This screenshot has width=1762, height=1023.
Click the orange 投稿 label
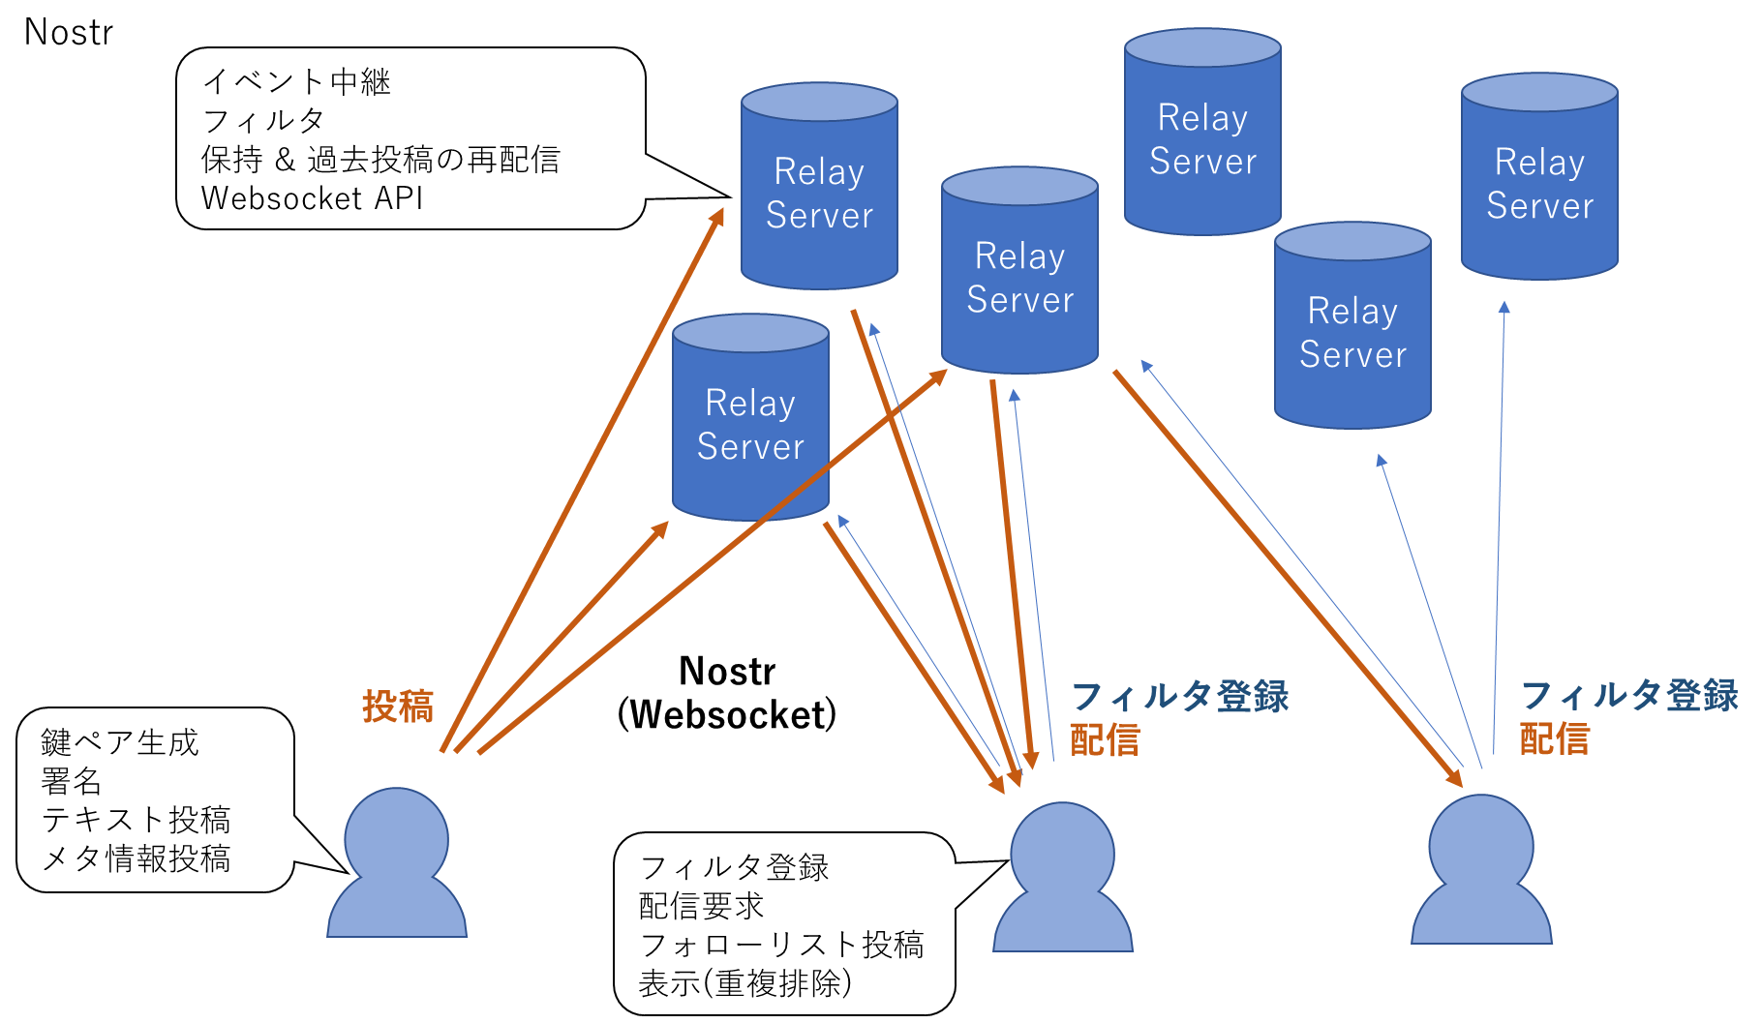click(x=398, y=707)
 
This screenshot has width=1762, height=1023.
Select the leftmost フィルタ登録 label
click(x=1180, y=696)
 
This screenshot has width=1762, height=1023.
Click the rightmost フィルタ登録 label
click(x=1629, y=695)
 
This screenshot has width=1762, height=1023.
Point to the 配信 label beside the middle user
click(x=1105, y=739)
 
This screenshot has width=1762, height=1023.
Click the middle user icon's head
click(x=1062, y=852)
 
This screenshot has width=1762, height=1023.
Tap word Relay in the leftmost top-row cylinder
click(x=819, y=171)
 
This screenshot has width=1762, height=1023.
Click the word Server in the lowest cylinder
click(x=750, y=446)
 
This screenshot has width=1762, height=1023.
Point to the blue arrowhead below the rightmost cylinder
click(x=1504, y=307)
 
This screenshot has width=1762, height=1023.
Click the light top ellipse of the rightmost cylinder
click(x=1539, y=93)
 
